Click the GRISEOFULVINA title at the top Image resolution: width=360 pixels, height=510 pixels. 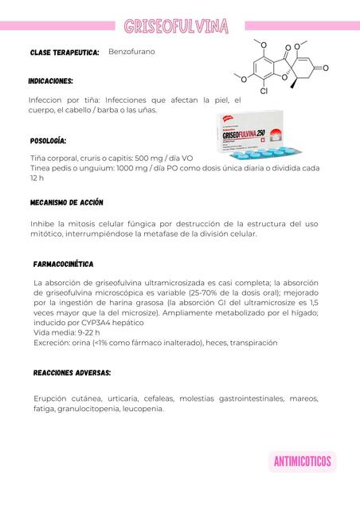click(x=176, y=27)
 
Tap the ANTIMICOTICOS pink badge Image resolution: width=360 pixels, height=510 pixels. click(x=302, y=461)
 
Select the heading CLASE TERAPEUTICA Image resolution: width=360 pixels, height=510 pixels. click(x=65, y=52)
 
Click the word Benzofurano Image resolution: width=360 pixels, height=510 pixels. click(x=131, y=51)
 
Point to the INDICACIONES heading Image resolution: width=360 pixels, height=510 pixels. click(x=51, y=81)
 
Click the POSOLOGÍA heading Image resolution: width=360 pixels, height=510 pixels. click(x=49, y=140)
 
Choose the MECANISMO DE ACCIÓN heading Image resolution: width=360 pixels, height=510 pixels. click(x=67, y=202)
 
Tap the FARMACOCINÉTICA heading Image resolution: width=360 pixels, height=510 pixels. click(x=64, y=263)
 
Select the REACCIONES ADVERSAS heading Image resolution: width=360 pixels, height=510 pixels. click(x=72, y=372)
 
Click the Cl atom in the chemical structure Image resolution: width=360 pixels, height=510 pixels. click(x=263, y=92)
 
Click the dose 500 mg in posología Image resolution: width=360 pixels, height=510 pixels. click(x=176, y=158)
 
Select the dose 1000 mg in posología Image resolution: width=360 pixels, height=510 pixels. click(x=141, y=168)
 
